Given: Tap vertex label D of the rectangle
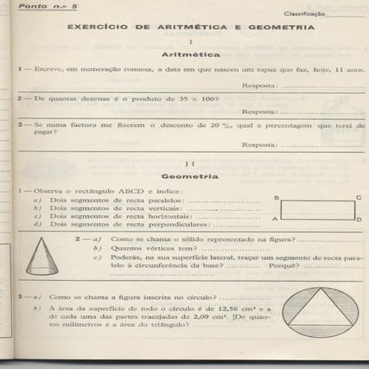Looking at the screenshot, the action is pos(359,221).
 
